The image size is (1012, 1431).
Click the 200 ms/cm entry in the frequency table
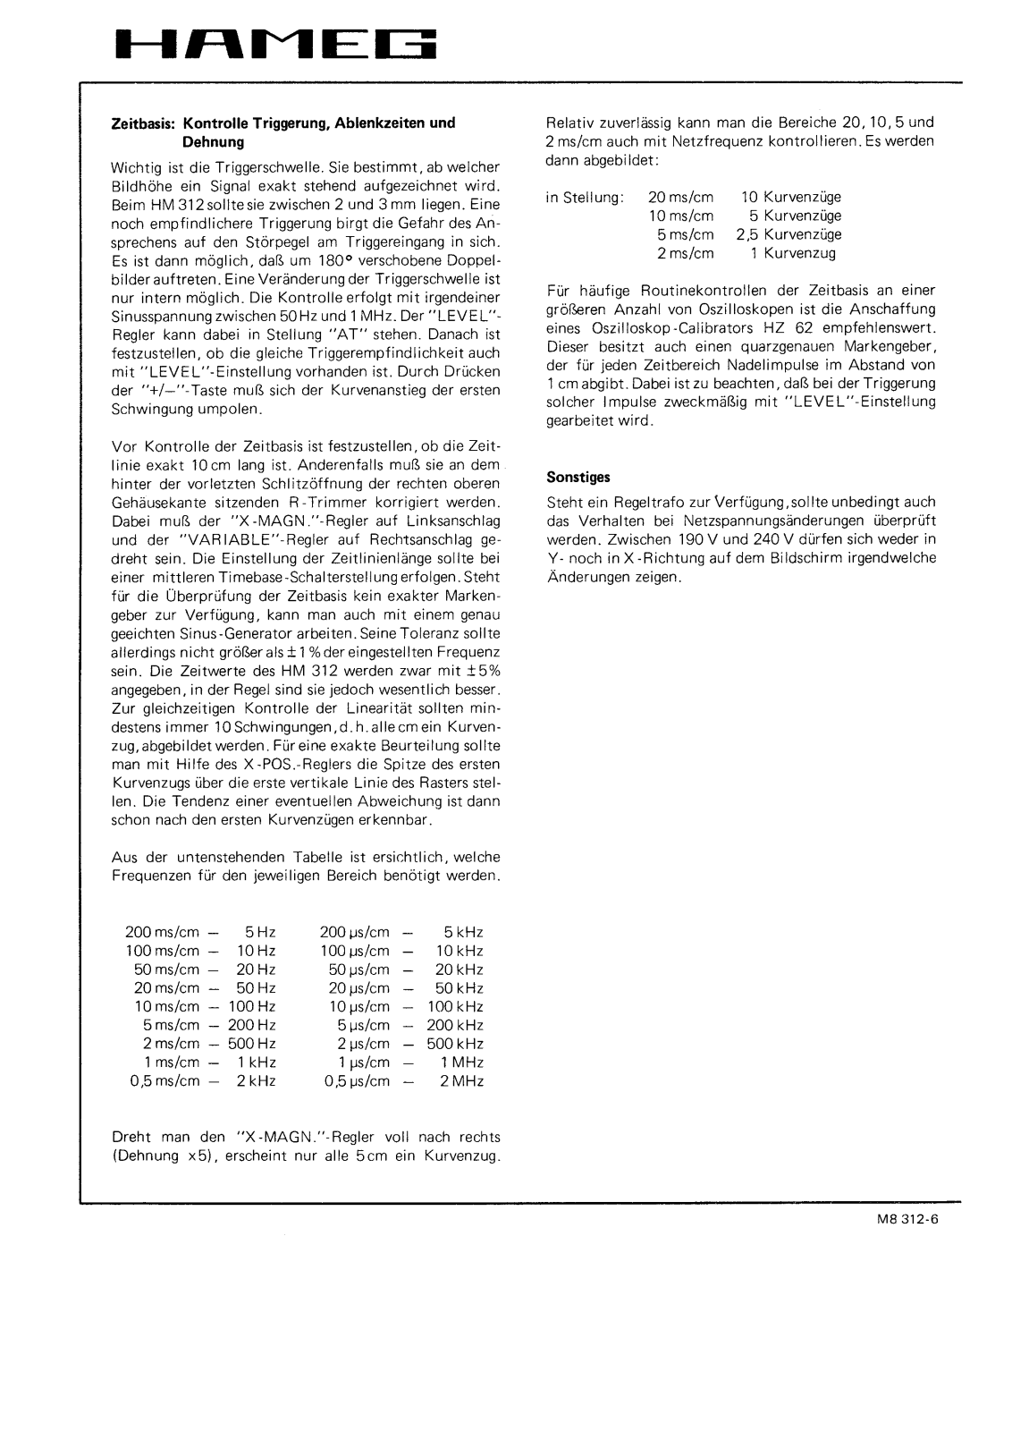point(162,933)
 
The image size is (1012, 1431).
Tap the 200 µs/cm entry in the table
point(355,933)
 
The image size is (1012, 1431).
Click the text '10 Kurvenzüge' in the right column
point(791,198)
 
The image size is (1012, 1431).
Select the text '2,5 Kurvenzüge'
point(789,235)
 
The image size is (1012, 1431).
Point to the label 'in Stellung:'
point(585,198)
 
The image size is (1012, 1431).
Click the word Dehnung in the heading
point(213,142)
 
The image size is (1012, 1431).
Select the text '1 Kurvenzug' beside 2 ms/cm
point(793,254)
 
